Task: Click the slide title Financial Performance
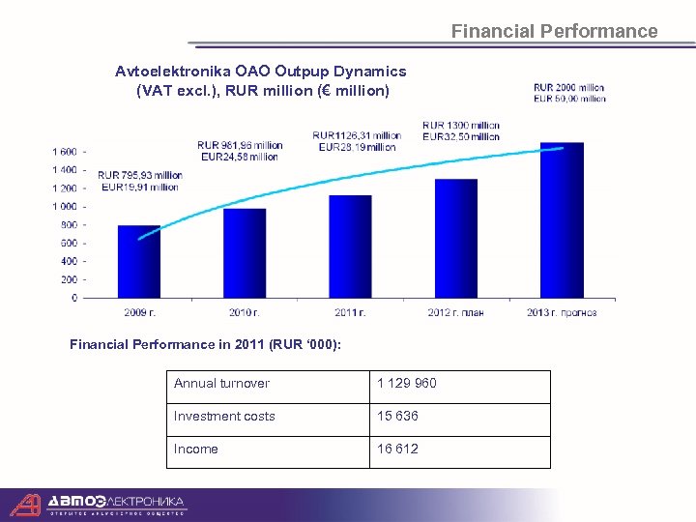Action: (x=554, y=31)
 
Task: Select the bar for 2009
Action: (x=139, y=262)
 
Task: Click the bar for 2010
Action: (x=245, y=253)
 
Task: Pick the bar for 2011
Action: (x=350, y=246)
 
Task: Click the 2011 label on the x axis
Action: (x=350, y=312)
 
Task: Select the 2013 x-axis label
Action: (x=562, y=312)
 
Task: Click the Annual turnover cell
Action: (x=221, y=384)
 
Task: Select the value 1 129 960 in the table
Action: (x=407, y=384)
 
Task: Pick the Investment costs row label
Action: (x=224, y=417)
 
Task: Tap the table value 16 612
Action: (x=398, y=449)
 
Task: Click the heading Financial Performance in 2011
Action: (x=205, y=345)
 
